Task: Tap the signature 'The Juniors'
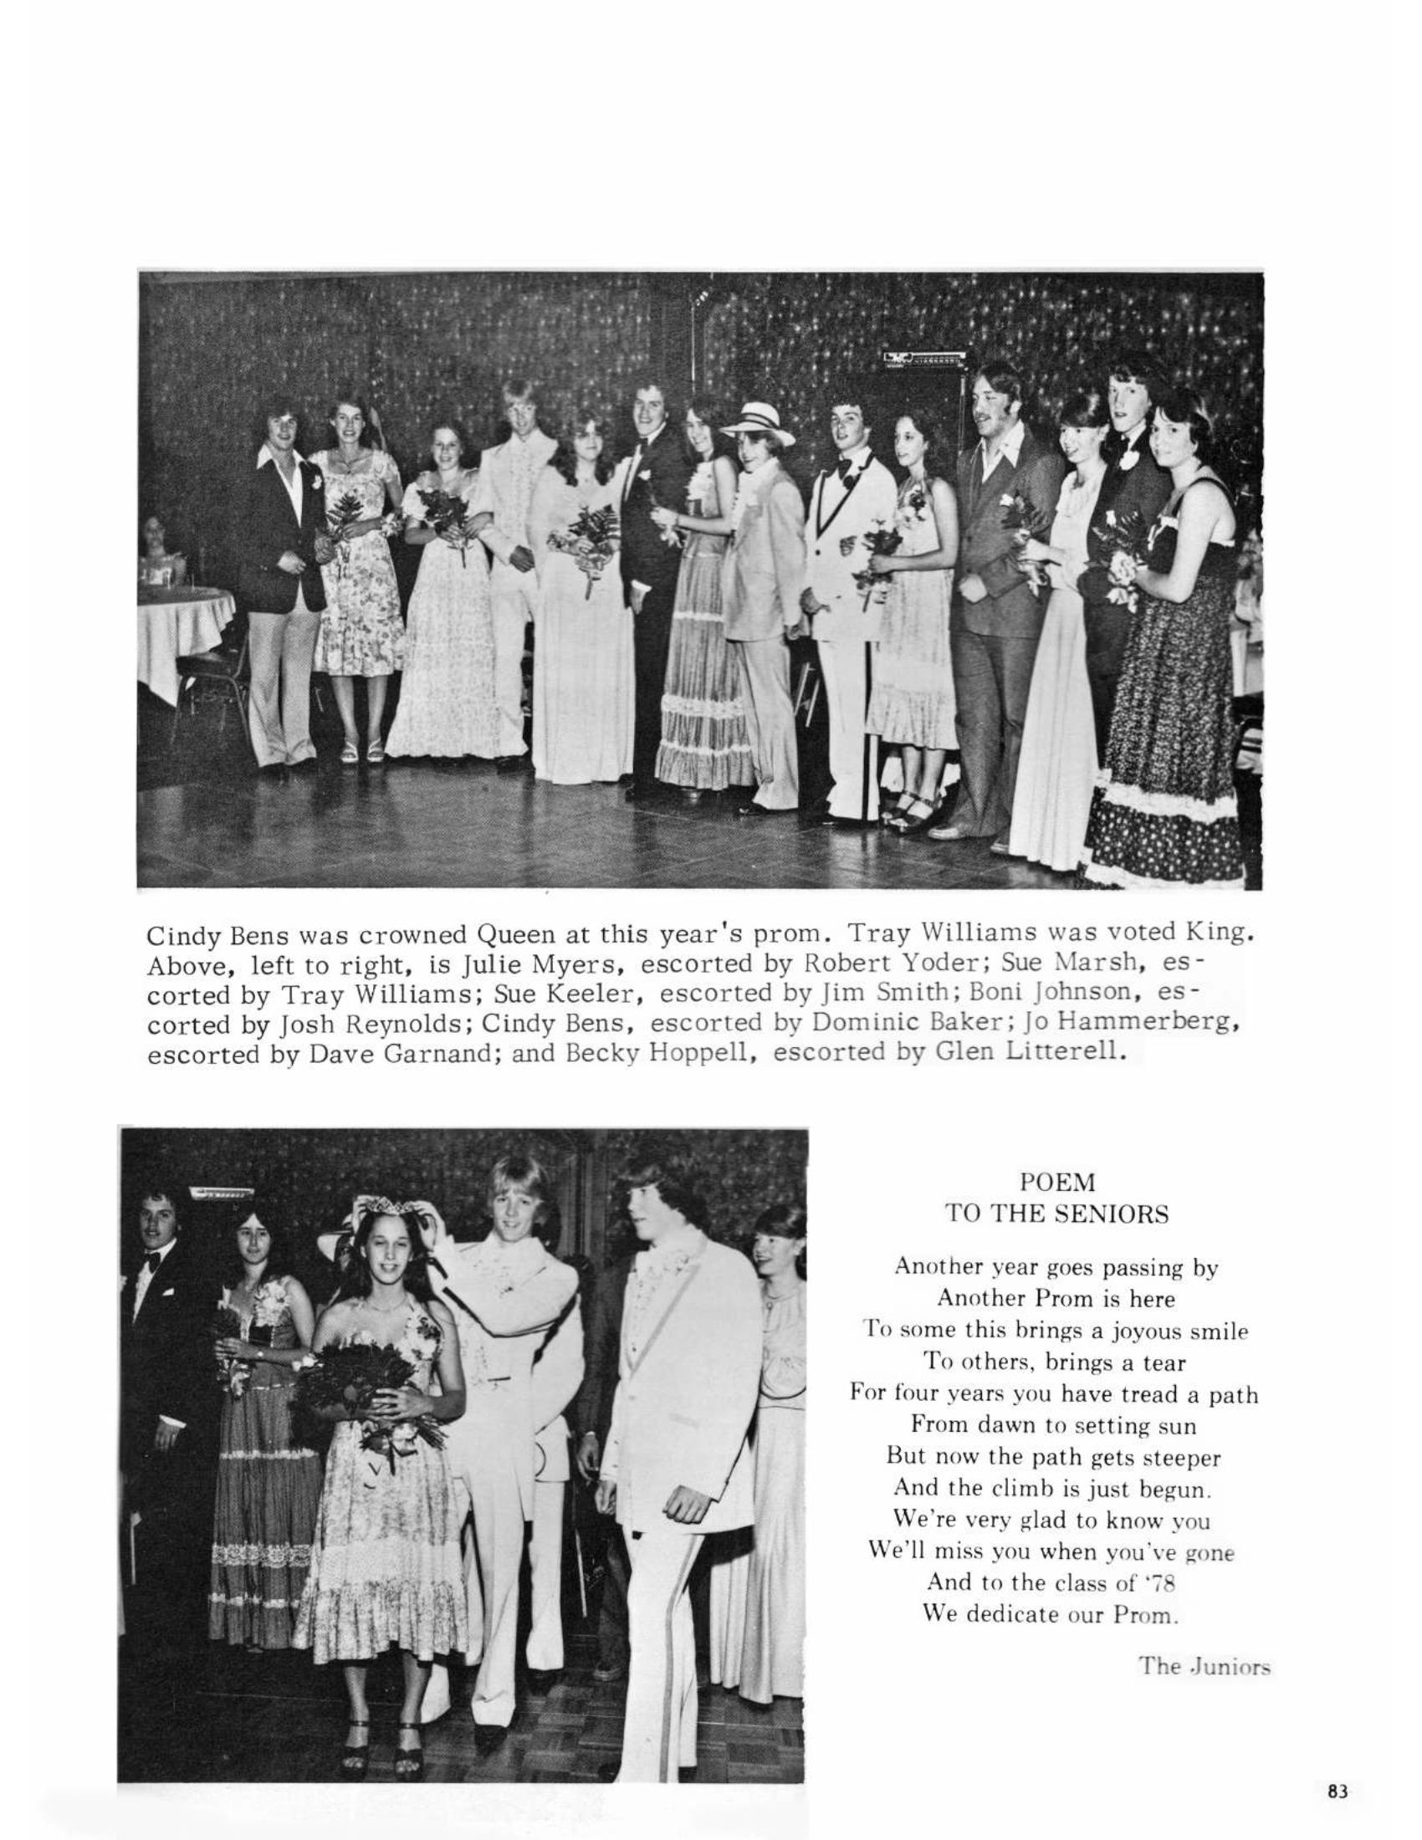[1204, 1665]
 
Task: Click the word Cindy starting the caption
[175, 936]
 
